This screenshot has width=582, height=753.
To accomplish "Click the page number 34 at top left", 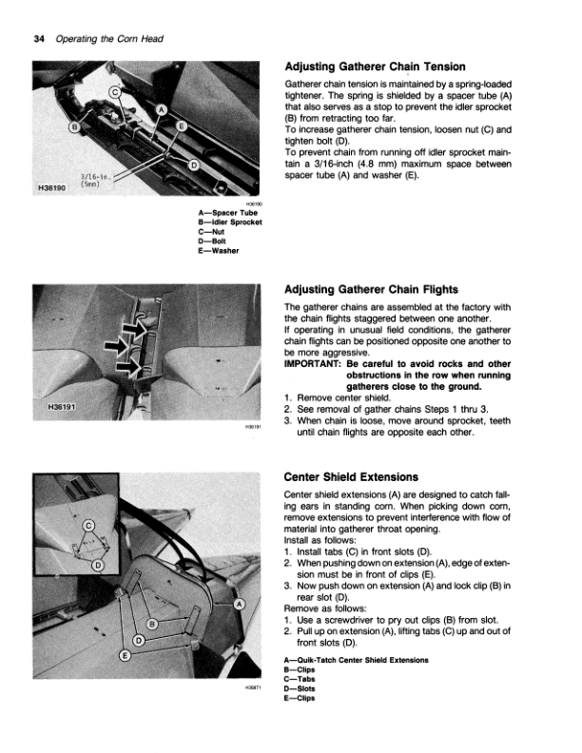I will click(x=38, y=37).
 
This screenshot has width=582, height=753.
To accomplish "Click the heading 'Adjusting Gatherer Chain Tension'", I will click(x=375, y=68).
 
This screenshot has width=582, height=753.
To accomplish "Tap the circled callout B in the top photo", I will click(x=75, y=127).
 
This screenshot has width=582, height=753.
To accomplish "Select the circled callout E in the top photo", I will click(x=182, y=127).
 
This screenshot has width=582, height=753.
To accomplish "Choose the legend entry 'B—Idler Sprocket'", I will click(x=226, y=223).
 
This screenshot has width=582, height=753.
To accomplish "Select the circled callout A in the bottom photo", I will click(x=238, y=605).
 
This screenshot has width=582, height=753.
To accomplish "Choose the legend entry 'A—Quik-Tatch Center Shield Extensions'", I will click(x=356, y=660).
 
